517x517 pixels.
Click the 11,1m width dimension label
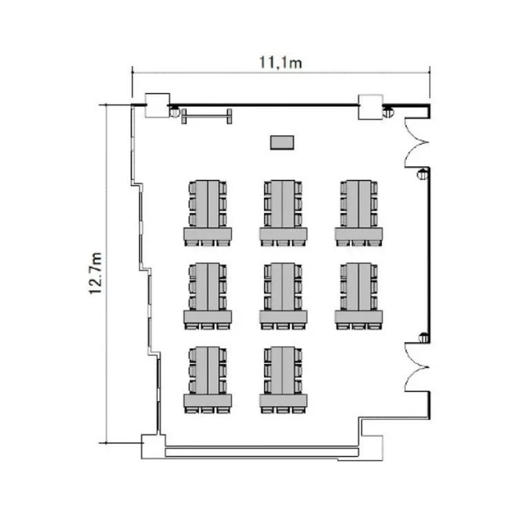point(281,63)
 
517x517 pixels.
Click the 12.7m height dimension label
point(96,274)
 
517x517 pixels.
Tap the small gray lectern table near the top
point(282,143)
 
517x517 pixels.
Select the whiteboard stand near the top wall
point(207,116)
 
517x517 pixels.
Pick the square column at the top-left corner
point(158,105)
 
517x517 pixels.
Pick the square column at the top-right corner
point(371,107)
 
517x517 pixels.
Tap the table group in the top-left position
point(207,213)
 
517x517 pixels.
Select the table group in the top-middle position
point(283,213)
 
